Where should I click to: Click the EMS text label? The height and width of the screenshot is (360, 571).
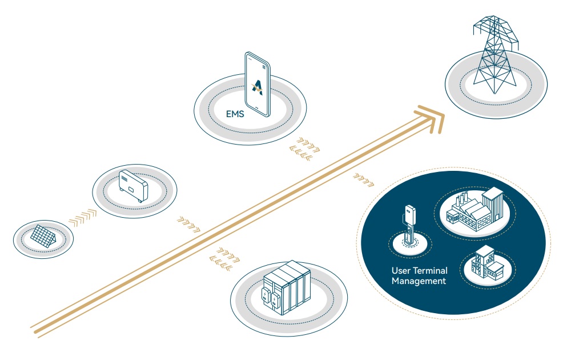click(x=235, y=114)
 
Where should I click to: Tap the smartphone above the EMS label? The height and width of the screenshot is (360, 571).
click(x=258, y=83)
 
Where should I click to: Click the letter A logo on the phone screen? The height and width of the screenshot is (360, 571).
click(x=258, y=87)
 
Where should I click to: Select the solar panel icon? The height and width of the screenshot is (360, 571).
click(x=43, y=234)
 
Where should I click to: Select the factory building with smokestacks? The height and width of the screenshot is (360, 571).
click(x=475, y=209)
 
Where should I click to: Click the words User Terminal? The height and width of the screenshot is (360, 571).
click(x=419, y=270)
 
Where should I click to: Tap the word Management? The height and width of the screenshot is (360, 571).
click(x=419, y=281)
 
